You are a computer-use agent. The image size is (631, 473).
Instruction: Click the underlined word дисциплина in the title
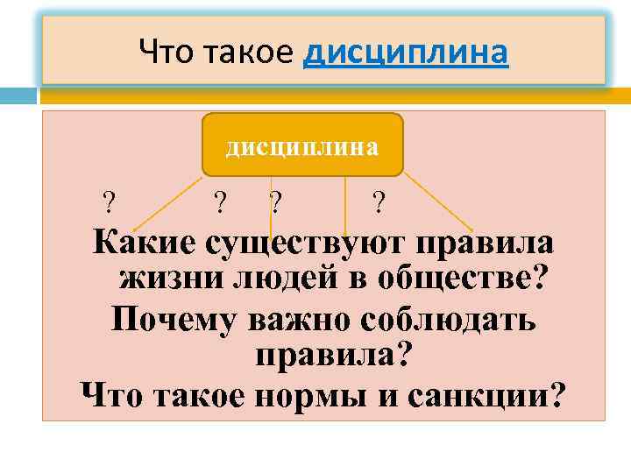[405, 54]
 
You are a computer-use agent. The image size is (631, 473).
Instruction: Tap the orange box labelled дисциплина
[302, 145]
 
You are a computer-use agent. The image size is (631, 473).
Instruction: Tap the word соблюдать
[450, 319]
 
